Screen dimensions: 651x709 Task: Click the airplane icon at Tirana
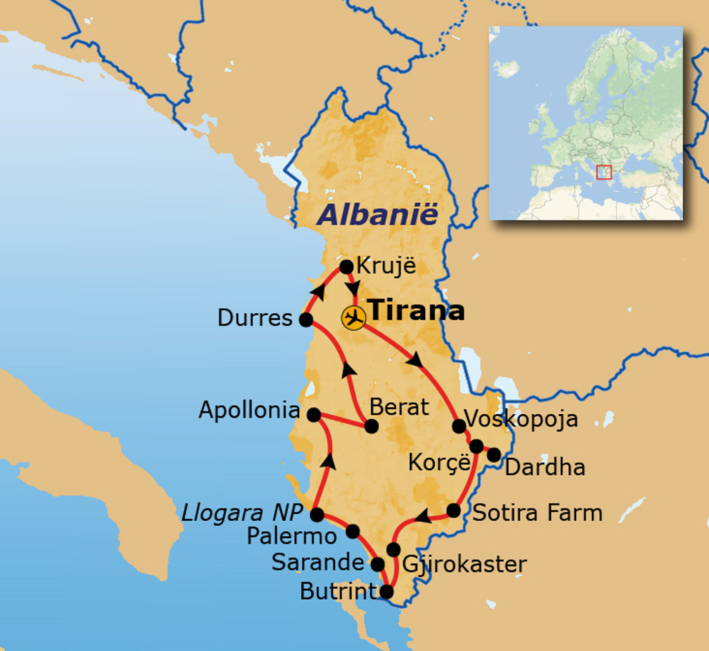pyautogui.click(x=354, y=318)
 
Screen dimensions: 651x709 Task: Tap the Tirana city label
pyautogui.click(x=415, y=310)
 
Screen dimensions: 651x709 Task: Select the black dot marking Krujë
pyautogui.click(x=346, y=267)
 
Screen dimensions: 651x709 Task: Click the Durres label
pyautogui.click(x=255, y=318)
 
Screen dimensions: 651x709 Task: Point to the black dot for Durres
pyautogui.click(x=305, y=319)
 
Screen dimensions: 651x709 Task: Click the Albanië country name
pyautogui.click(x=378, y=215)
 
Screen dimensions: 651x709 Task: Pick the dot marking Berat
pyautogui.click(x=371, y=426)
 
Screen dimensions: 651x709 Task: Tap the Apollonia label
pyautogui.click(x=249, y=410)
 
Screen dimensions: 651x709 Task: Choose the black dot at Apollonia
pyautogui.click(x=314, y=415)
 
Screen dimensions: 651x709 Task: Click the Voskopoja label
pyautogui.click(x=521, y=419)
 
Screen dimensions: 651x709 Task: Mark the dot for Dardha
pyautogui.click(x=494, y=455)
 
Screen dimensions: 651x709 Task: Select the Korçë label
pyautogui.click(x=439, y=462)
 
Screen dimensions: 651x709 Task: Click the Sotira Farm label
pyautogui.click(x=537, y=512)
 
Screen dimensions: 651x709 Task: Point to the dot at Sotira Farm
pyautogui.click(x=454, y=510)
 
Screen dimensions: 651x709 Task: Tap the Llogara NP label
pyautogui.click(x=242, y=513)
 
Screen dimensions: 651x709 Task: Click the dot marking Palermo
pyautogui.click(x=352, y=531)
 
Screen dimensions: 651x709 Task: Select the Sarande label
pyautogui.click(x=318, y=562)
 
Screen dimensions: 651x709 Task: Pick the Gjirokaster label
pyautogui.click(x=464, y=564)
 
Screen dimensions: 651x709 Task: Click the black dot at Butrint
pyautogui.click(x=386, y=592)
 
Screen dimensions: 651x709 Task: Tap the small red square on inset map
pyautogui.click(x=604, y=171)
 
